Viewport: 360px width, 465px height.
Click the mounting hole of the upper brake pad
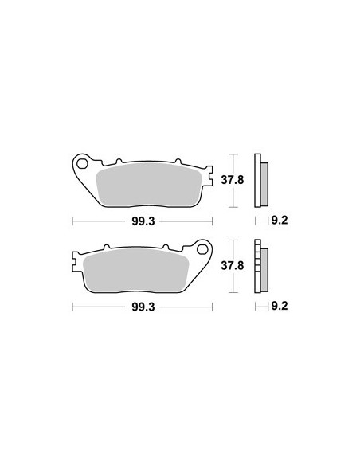(x=82, y=164)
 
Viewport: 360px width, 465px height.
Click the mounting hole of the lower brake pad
(x=202, y=250)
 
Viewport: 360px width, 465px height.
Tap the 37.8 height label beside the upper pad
(x=233, y=180)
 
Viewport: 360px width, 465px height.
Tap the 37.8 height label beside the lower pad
(x=233, y=266)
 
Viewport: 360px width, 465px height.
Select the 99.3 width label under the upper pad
(x=143, y=221)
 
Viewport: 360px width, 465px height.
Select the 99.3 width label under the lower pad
(x=143, y=307)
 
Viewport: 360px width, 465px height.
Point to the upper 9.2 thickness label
(x=280, y=221)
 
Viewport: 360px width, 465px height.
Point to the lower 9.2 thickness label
(x=280, y=306)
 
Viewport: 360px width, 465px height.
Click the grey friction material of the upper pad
(x=149, y=185)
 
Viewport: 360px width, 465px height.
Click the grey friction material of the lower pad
(x=136, y=270)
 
